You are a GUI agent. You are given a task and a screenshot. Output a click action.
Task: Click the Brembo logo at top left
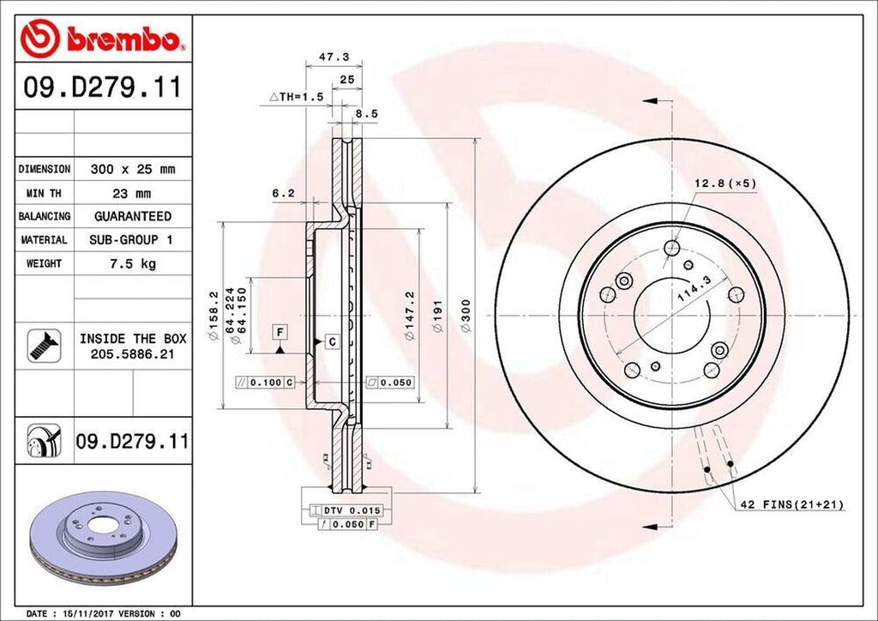click(x=102, y=38)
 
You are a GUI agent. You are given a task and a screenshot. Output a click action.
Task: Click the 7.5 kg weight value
click(x=132, y=263)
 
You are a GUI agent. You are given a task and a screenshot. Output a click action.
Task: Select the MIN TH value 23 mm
click(x=132, y=193)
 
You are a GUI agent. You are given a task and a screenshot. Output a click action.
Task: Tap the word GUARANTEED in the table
click(x=132, y=216)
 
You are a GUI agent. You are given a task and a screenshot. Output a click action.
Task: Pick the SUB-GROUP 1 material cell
click(x=132, y=240)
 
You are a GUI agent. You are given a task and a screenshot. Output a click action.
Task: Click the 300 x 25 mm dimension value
click(x=132, y=170)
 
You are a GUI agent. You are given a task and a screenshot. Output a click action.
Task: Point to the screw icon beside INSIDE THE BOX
click(x=40, y=345)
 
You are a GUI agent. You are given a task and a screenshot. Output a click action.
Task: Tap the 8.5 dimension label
click(x=367, y=112)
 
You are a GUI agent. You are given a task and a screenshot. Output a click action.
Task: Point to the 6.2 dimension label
click(x=283, y=194)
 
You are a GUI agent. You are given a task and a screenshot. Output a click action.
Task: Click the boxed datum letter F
click(x=280, y=331)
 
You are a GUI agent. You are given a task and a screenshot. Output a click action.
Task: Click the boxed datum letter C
click(x=331, y=342)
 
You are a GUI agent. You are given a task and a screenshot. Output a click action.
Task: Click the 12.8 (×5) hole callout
click(x=725, y=184)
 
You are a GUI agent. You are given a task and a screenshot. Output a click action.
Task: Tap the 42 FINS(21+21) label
click(x=791, y=505)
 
